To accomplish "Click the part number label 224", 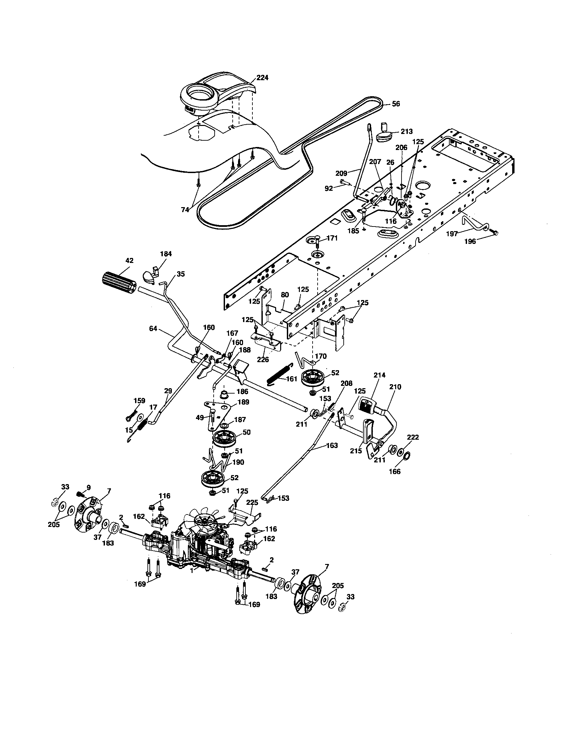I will tap(262, 78).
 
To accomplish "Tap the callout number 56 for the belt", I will tap(396, 104).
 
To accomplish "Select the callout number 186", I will tap(242, 392).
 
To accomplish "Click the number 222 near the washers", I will tap(413, 437).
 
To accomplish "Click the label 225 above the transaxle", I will tap(252, 502).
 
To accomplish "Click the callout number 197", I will tap(452, 234).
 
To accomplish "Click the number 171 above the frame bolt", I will tap(332, 238).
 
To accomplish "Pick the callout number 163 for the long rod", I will tap(332, 446).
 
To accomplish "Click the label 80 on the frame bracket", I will tap(285, 295).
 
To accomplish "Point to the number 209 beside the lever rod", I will tap(341, 174).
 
